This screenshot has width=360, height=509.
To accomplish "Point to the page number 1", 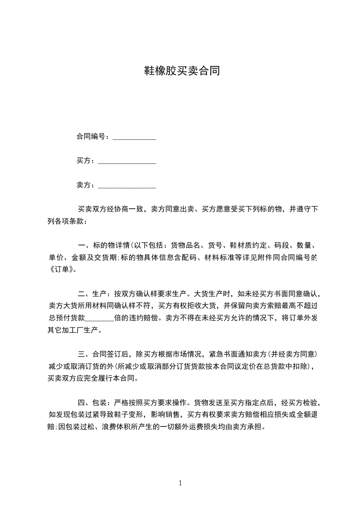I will (180, 483).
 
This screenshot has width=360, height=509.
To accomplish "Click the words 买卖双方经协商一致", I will (111, 209).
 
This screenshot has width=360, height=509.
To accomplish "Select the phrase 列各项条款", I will (65, 222).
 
